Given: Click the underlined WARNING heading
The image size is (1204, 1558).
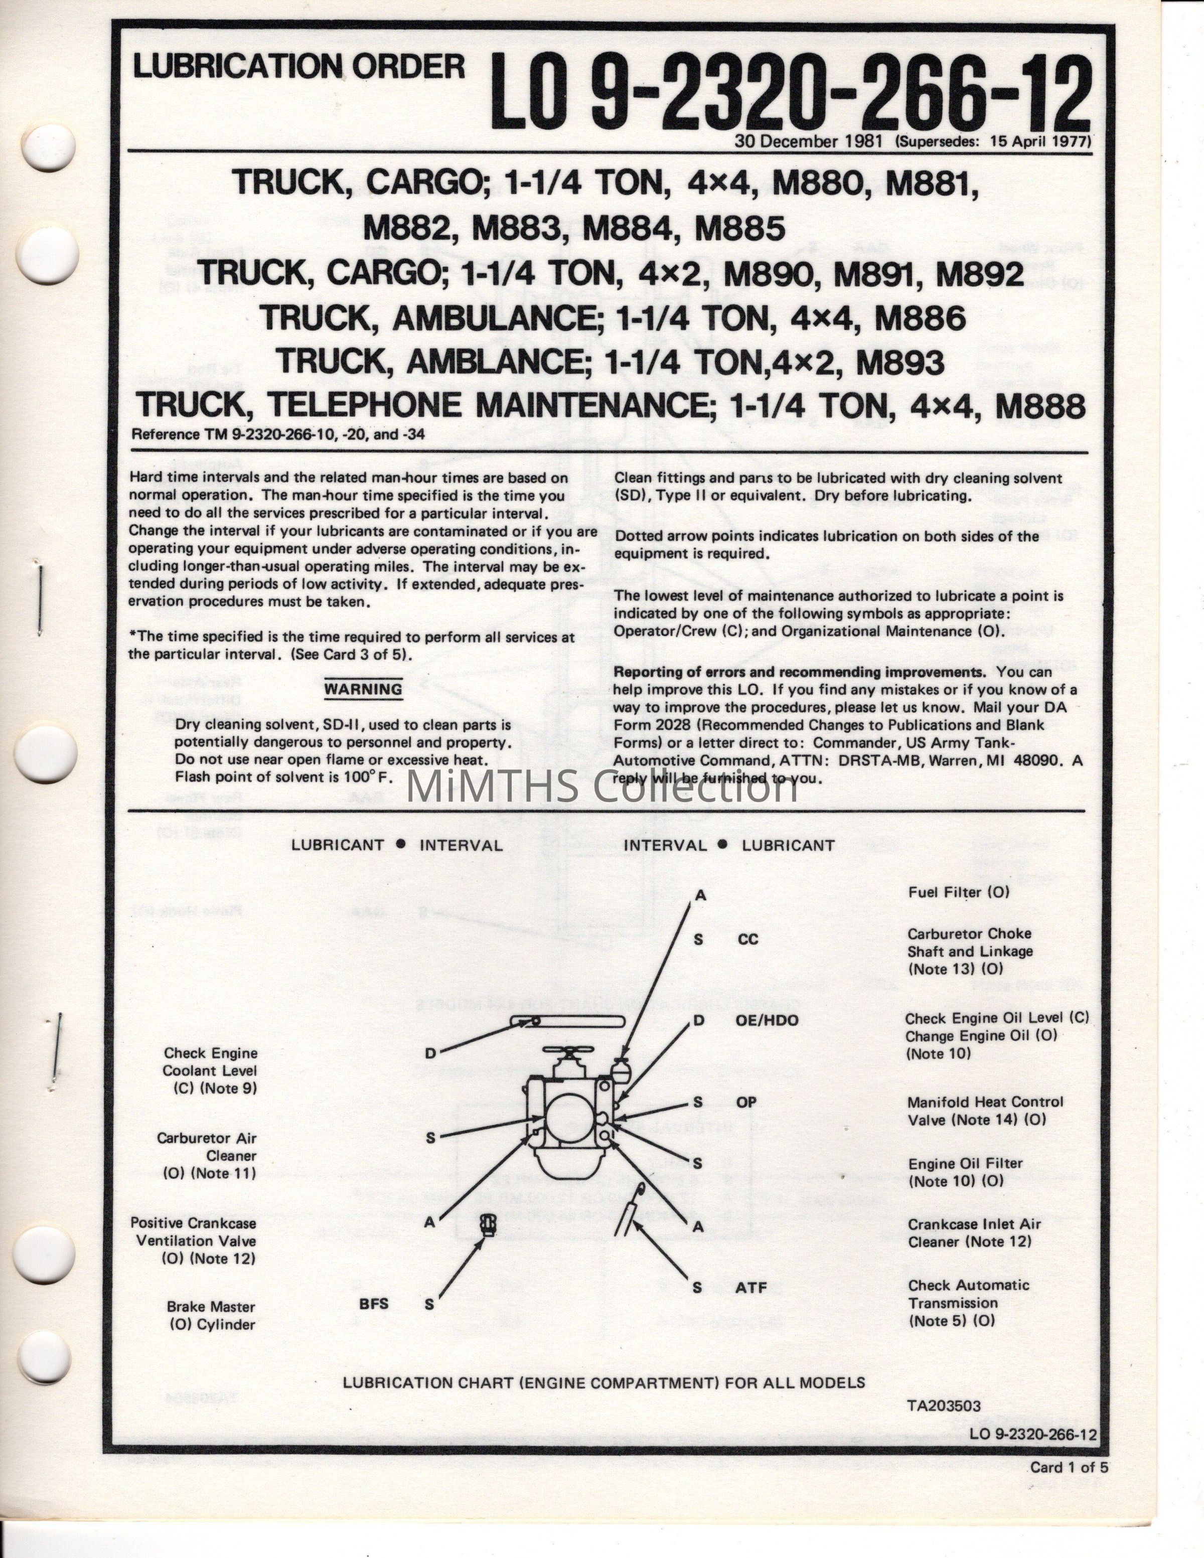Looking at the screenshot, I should click(x=363, y=689).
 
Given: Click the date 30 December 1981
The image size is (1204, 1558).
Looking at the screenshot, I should click(x=811, y=141).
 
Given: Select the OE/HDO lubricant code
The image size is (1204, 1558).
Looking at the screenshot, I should click(x=767, y=1021).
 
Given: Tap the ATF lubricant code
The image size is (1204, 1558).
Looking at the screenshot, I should click(x=751, y=1288).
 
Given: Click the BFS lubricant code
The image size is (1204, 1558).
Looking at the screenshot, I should click(x=374, y=1303).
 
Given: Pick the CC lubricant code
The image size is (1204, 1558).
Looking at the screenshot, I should click(x=747, y=940).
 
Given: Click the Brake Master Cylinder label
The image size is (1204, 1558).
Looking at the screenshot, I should click(x=211, y=1315).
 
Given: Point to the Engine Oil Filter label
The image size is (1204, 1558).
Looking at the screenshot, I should click(x=965, y=1172).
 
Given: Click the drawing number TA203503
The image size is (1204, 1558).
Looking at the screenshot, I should click(x=944, y=1406).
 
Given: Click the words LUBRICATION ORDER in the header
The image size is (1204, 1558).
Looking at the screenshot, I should click(x=299, y=67).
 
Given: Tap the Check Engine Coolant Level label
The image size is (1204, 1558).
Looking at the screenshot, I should click(x=210, y=1070).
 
